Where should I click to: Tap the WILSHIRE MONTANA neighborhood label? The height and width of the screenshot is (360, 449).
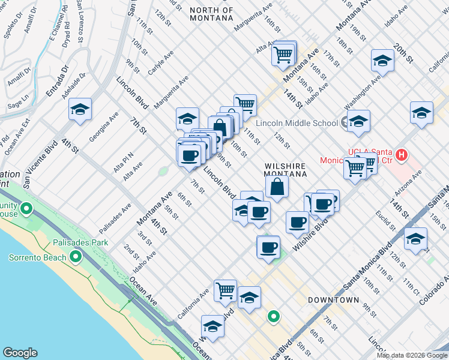(286, 169)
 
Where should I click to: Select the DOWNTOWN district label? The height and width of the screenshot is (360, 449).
(333, 299)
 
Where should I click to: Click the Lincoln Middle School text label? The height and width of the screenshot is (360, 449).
(297, 124)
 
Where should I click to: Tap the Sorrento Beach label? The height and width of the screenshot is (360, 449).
(37, 258)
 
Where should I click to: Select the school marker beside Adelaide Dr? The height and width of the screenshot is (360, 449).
(80, 110)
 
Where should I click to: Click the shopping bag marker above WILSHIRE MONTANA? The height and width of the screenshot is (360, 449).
(277, 186)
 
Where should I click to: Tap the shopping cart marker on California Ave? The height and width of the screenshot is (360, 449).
(225, 290)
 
